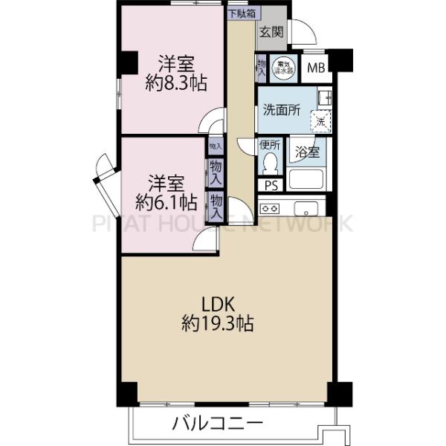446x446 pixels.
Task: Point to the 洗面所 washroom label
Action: point(279,110)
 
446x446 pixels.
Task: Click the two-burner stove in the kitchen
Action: point(270,207)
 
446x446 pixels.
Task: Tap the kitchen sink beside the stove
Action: point(305,207)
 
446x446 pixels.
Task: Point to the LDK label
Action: point(219,304)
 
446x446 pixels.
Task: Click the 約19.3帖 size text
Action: point(219,324)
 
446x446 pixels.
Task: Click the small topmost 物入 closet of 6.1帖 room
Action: point(215,146)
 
